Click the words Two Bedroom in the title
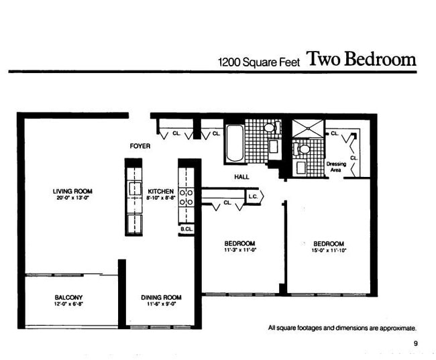(361, 59)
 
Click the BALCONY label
(68, 297)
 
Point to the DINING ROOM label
(161, 297)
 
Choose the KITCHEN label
(160, 191)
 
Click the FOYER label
(140, 145)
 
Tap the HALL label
(241, 177)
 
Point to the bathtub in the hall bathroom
(234, 143)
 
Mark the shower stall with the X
(308, 128)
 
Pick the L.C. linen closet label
(254, 196)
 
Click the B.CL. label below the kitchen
(186, 229)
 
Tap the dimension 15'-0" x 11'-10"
(328, 250)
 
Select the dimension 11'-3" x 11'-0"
(240, 250)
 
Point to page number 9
(415, 345)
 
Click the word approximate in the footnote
(397, 328)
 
